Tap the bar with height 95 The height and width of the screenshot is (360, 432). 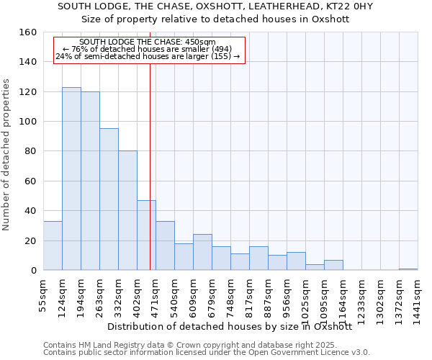(x=109, y=199)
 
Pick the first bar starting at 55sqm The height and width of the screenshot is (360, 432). (x=53, y=246)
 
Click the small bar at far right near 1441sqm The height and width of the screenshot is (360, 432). (x=408, y=269)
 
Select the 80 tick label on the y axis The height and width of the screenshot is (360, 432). (x=30, y=151)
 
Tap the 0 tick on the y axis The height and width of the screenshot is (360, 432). (x=33, y=270)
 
